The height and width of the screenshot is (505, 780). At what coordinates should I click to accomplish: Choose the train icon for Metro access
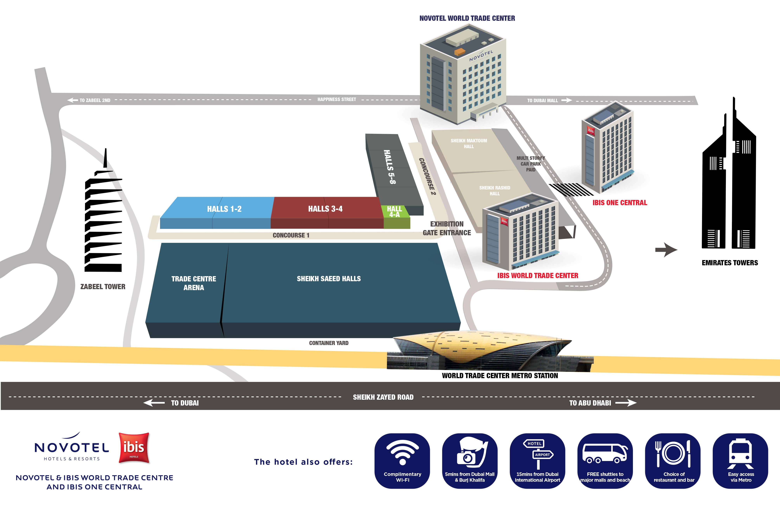740,454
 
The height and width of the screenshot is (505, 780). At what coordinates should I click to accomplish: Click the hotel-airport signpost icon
538,454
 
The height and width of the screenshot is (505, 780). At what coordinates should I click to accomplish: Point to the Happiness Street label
337,99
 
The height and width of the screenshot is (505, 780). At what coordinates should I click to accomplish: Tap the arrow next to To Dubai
154,403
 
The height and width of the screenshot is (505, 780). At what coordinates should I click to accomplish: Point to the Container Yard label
329,343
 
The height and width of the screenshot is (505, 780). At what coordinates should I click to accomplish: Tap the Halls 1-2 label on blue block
224,209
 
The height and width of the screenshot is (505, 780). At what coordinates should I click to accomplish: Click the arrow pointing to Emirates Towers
666,250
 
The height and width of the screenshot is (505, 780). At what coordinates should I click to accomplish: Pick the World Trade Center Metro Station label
500,376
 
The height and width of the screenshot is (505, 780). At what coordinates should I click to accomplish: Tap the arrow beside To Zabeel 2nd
72,100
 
